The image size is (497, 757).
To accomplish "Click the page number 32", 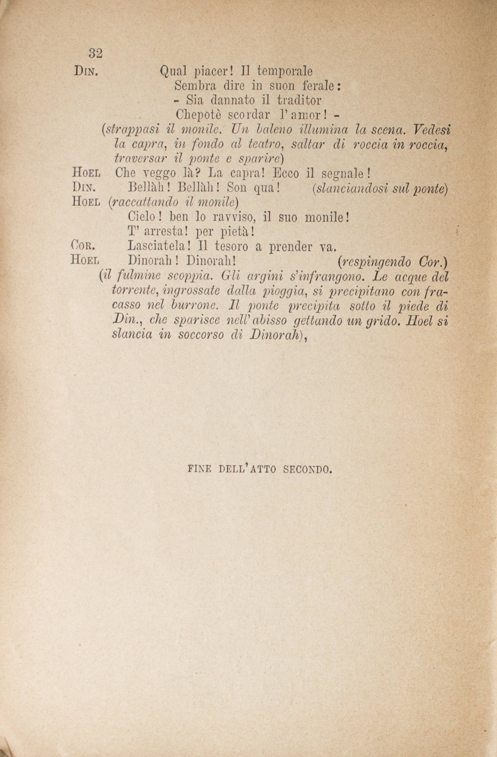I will (95, 53).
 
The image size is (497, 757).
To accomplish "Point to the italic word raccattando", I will (141, 203).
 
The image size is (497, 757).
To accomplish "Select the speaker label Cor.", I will (85, 246).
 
